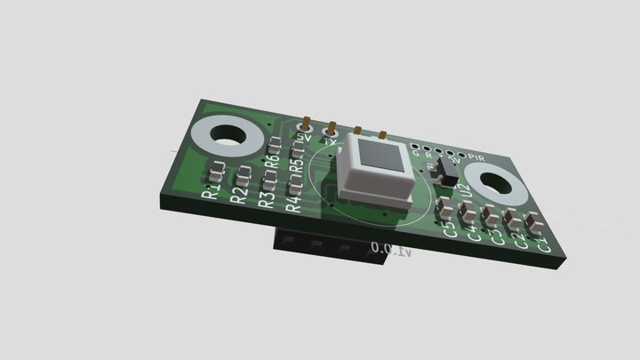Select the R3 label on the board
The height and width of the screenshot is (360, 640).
pyautogui.click(x=266, y=199)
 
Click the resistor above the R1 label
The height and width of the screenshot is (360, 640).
pyautogui.click(x=216, y=168)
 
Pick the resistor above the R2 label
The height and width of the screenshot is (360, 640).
pyautogui.click(x=243, y=172)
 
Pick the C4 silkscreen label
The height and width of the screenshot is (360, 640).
pyautogui.click(x=474, y=233)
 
